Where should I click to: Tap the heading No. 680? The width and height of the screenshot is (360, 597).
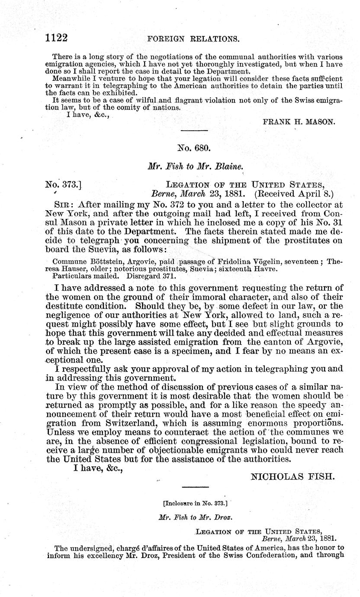point(194,148)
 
